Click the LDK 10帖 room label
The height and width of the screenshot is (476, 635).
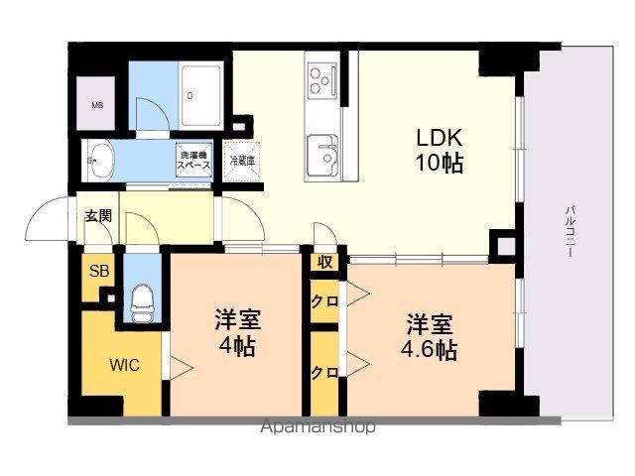[440, 150]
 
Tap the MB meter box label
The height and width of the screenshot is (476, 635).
[97, 105]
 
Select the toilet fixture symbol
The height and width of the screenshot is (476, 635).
[143, 302]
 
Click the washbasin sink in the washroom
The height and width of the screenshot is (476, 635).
[100, 160]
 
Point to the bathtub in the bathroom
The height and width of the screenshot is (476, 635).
[200, 95]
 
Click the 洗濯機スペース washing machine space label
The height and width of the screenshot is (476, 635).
[194, 161]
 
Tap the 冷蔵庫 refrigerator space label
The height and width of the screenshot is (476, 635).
[242, 161]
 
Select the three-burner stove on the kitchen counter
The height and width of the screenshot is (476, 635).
[322, 81]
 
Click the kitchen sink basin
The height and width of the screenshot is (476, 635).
[322, 155]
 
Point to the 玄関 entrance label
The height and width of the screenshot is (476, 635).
[98, 216]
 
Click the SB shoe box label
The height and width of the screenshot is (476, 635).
[99, 271]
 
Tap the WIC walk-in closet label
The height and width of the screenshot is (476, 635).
[125, 365]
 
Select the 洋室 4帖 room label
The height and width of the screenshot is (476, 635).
[238, 333]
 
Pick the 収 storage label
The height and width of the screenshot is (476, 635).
[324, 262]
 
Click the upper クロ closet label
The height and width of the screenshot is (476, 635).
[324, 301]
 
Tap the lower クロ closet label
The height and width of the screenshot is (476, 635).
[324, 373]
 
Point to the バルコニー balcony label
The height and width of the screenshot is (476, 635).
[571, 231]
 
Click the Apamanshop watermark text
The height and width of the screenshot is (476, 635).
[317, 426]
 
